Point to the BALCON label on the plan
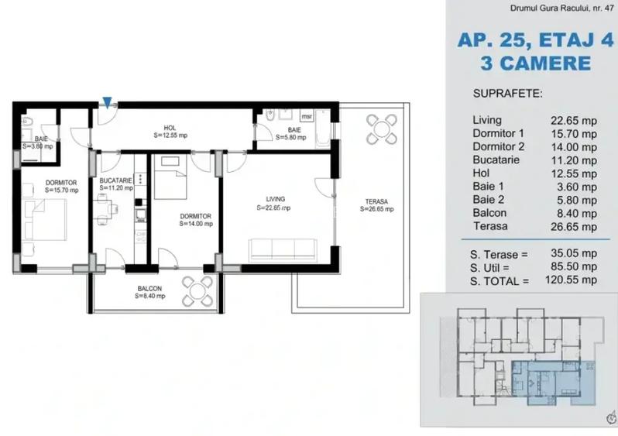pyautogui.click(x=151, y=291)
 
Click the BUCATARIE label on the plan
pyautogui.click(x=115, y=184)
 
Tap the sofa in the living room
pyautogui.click(x=283, y=249)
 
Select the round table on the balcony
pyautogui.click(x=197, y=291)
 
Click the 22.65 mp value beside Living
pyautogui.click(x=573, y=120)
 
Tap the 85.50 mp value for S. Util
pyautogui.click(x=573, y=266)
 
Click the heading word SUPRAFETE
pyautogui.click(x=507, y=94)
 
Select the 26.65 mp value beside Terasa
pyautogui.click(x=573, y=227)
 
